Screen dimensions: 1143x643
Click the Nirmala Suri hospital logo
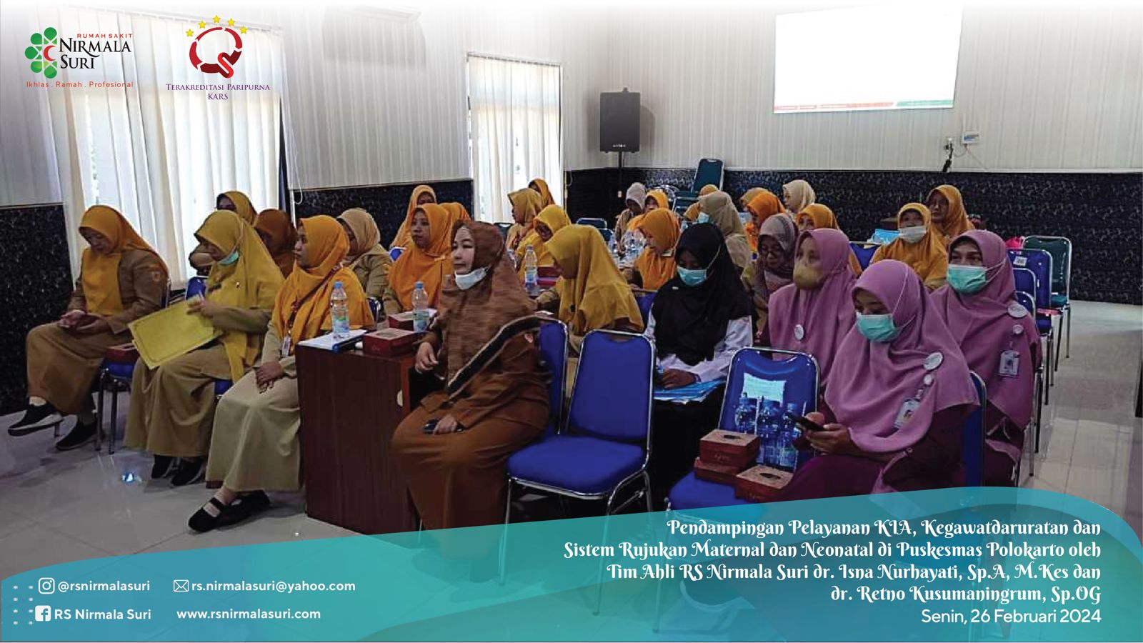tap(79, 53)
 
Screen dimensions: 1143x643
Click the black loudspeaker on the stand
tap(619, 121)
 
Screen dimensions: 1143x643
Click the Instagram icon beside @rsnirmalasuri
tap(46, 586)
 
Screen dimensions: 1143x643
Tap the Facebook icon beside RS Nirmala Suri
tap(43, 614)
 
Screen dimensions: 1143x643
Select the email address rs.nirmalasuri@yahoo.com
tap(273, 586)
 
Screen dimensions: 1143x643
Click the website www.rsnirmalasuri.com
tap(249, 614)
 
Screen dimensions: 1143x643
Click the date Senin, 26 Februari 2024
tap(1011, 617)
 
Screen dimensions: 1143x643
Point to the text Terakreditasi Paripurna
tap(218, 87)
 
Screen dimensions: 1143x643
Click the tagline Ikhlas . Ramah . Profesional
tap(79, 85)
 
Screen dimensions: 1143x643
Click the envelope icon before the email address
tap(181, 586)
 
